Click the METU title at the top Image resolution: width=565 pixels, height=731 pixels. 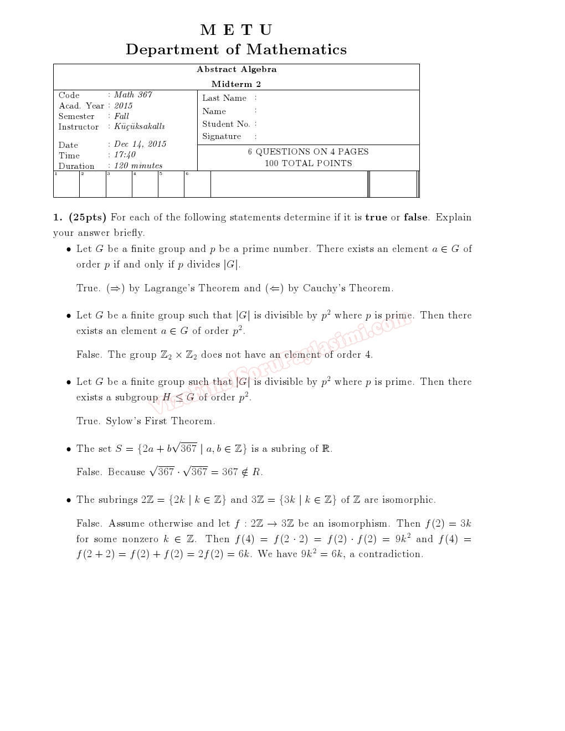(236, 30)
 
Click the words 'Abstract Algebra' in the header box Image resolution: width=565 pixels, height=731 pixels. (237, 69)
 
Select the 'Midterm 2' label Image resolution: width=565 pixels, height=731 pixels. (236, 84)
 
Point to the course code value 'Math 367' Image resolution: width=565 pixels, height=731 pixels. (133, 95)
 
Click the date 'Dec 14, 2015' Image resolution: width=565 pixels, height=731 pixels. (140, 144)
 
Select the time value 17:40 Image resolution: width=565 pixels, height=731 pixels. (125, 155)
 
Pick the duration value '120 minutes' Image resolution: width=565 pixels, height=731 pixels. (138, 166)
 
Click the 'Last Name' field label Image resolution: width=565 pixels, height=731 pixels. (224, 98)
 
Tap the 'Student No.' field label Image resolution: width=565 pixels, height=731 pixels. (226, 124)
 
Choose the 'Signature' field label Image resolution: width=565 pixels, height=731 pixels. (222, 136)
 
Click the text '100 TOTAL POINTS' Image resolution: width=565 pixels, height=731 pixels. (308, 163)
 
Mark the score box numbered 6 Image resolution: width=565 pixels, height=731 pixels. (197, 184)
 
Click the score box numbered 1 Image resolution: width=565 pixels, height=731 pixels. (66, 184)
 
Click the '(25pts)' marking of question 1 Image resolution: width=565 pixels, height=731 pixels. (88, 217)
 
